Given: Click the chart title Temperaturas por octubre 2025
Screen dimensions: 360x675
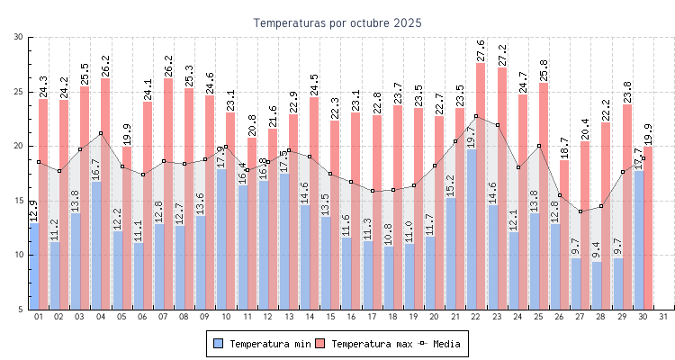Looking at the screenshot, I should click(x=337, y=22).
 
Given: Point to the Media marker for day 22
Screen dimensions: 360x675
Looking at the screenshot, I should click(x=476, y=116).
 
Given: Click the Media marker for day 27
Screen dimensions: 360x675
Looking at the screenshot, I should click(x=580, y=211).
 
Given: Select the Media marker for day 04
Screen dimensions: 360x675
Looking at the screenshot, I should click(x=101, y=133).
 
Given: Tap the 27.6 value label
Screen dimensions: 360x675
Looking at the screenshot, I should click(x=481, y=50).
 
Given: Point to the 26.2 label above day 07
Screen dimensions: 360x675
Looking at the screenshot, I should click(x=168, y=66).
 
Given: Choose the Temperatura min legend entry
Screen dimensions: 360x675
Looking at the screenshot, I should click(x=262, y=344).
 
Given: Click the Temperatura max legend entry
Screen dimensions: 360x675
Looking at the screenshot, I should click(x=364, y=344).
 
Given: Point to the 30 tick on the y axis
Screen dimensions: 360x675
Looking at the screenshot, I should click(x=19, y=37).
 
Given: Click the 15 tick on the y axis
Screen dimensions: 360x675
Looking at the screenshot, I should click(x=19, y=201).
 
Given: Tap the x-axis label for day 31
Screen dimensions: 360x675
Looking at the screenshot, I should click(x=663, y=317).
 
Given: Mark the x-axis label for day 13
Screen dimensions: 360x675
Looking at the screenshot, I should click(x=288, y=317).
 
